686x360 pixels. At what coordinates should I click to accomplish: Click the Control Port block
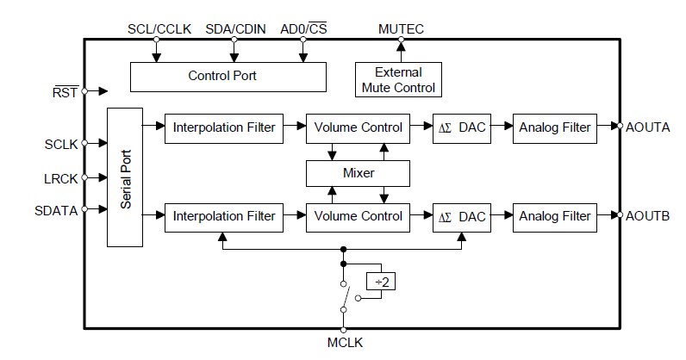pyautogui.click(x=228, y=76)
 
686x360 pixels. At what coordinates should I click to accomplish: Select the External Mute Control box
pyautogui.click(x=398, y=79)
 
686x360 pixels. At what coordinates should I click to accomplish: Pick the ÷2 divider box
pyautogui.click(x=381, y=281)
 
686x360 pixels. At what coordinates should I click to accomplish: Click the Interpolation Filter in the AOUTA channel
pyautogui.click(x=224, y=127)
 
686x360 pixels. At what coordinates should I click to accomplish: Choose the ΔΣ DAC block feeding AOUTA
pyautogui.click(x=462, y=127)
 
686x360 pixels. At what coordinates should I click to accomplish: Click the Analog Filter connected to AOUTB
pyautogui.click(x=555, y=215)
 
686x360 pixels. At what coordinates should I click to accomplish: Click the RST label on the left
pyautogui.click(x=65, y=90)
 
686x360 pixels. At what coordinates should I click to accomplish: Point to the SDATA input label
pyautogui.click(x=57, y=208)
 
